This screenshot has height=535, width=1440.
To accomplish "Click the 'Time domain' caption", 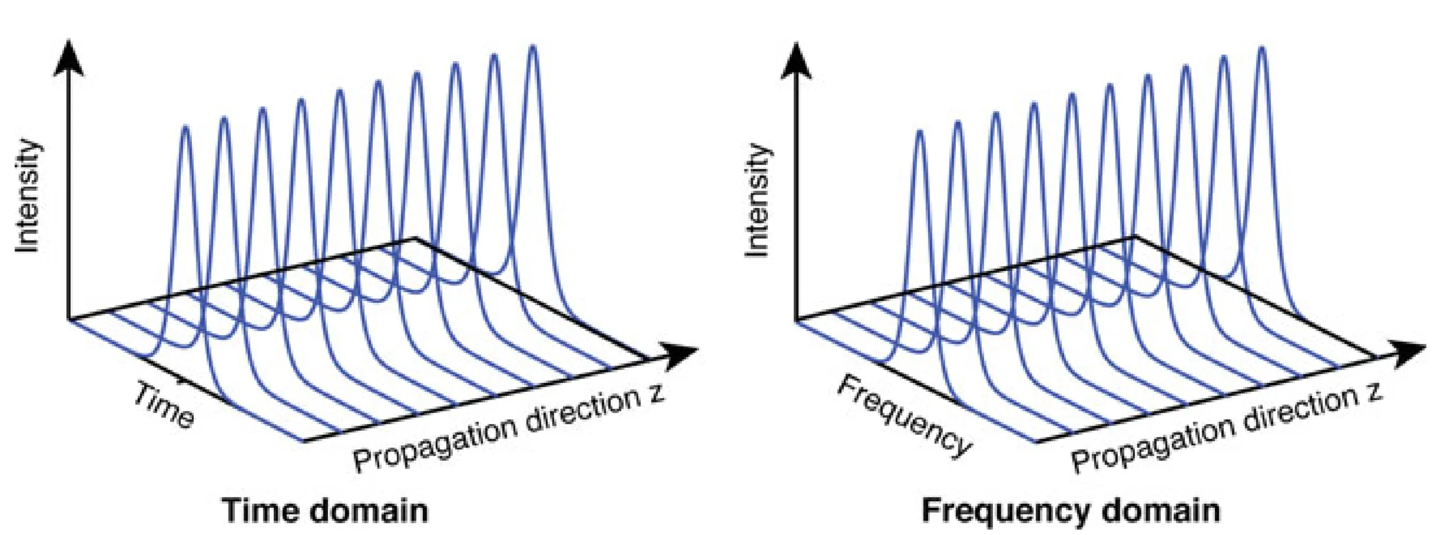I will (x=325, y=510).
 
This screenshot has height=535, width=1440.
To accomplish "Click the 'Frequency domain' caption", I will (x=1071, y=510).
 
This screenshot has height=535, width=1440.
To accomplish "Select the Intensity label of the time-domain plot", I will (x=28, y=196).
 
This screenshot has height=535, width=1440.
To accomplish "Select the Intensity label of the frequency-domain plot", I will (x=759, y=200).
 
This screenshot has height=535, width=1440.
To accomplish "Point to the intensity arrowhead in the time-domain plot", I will (x=69, y=59).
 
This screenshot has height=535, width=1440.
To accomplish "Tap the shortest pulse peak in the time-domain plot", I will (x=186, y=128).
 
